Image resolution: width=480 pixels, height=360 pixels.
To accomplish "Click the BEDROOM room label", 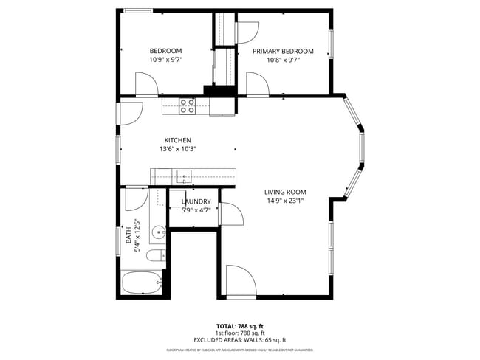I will [165, 51].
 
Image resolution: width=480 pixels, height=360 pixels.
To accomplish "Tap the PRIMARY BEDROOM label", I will [283, 51].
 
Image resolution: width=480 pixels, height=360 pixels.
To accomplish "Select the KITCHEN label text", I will [177, 140].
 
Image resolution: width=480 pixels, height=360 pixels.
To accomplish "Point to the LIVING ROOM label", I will [284, 192].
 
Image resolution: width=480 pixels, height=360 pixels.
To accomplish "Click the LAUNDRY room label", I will [196, 201].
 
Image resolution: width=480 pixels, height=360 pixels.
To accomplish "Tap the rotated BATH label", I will [128, 238].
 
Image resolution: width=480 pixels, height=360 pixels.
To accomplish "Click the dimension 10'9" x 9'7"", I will [165, 60].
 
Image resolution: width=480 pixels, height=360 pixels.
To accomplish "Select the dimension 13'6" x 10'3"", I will [177, 149].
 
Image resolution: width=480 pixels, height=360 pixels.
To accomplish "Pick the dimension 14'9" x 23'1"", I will [284, 201].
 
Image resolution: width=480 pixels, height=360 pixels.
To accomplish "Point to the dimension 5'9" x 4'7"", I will [196, 210].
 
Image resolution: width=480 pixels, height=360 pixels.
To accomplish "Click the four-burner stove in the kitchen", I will [188, 106].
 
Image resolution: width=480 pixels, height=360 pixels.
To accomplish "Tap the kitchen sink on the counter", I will [183, 176].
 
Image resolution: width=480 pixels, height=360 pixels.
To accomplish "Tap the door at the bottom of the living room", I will [241, 280].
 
